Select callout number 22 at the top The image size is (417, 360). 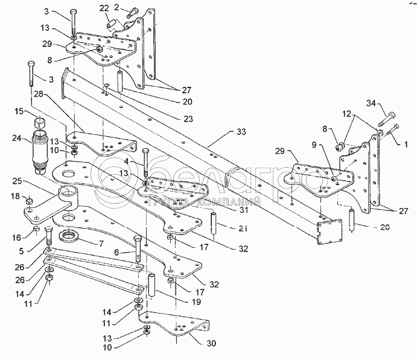tap(104, 8)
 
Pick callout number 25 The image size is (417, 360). tap(18, 180)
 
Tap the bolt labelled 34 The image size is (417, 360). tap(390, 115)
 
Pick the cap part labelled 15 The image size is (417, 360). tap(40, 123)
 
